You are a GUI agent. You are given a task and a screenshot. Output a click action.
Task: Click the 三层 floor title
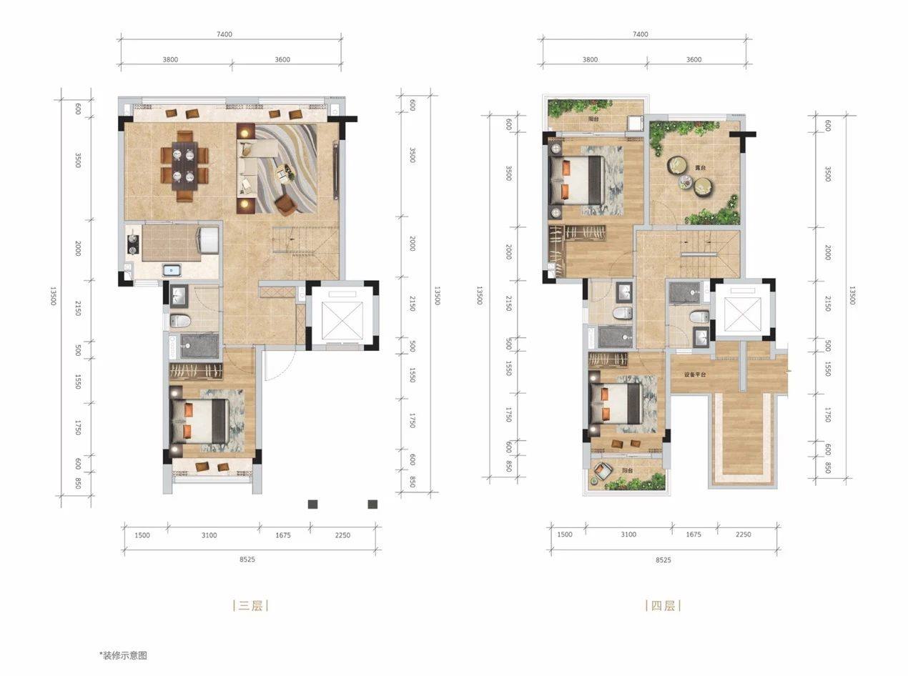coord(250,605)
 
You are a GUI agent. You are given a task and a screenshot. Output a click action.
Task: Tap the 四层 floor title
coord(663,605)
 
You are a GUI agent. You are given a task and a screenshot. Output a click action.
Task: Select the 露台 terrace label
coord(700,168)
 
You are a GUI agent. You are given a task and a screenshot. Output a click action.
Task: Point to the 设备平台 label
coord(695,374)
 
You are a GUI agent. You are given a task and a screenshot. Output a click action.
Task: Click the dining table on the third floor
coord(184,166)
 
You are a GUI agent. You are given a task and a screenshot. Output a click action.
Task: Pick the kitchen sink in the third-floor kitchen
coord(172,270)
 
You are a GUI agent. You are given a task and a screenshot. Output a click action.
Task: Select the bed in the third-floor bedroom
coord(199,421)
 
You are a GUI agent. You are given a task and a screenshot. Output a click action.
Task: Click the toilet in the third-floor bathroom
coord(181,321)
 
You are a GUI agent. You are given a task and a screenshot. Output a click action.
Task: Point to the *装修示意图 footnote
coord(123,655)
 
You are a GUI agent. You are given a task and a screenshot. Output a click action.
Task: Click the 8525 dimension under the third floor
coord(247,559)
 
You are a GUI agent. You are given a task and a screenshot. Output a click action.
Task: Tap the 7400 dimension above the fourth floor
coord(641,34)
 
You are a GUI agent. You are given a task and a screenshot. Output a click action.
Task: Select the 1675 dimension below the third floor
coord(283,535)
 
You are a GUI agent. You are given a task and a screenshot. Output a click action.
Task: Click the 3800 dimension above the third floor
coord(170,59)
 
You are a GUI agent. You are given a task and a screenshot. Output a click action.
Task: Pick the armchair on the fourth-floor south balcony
coord(602,472)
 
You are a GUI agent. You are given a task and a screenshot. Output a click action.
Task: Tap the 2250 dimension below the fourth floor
coord(744,534)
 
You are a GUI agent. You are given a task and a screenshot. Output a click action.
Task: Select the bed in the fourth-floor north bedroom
coord(577,180)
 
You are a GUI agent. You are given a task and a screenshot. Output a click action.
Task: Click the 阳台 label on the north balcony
coord(593,119)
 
